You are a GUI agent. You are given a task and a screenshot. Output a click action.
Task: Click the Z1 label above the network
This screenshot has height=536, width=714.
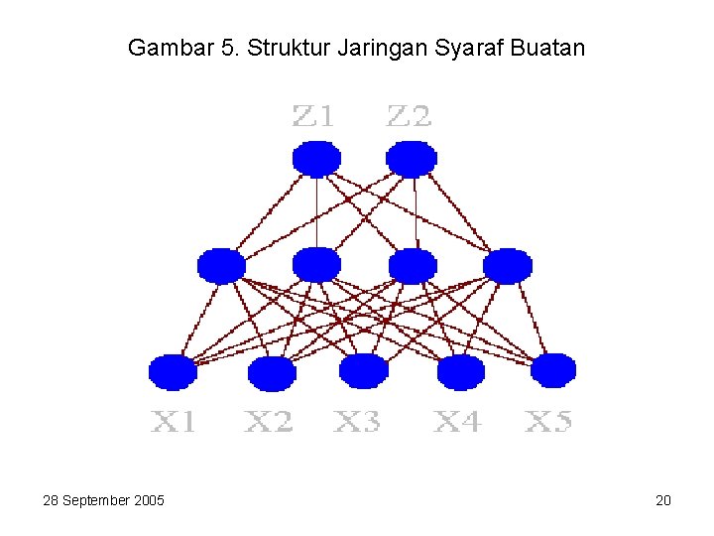[x=313, y=117]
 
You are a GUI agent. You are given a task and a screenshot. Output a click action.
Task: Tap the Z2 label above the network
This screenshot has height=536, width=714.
[x=409, y=117]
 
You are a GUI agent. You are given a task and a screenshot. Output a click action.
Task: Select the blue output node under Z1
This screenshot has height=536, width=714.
[x=316, y=159]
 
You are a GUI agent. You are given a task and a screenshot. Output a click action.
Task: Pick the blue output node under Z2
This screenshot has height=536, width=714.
[x=412, y=159]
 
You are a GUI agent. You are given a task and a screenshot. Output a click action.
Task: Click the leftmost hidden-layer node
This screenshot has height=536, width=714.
[x=221, y=266]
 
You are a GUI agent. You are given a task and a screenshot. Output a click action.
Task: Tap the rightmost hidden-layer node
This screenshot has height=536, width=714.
[x=508, y=266]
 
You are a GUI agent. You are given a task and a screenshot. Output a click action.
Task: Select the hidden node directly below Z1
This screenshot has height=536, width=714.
[x=316, y=266]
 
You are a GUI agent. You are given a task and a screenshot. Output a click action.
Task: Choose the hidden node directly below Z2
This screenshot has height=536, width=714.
[x=413, y=266]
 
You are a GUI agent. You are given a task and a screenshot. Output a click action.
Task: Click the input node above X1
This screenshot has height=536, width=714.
[x=173, y=372]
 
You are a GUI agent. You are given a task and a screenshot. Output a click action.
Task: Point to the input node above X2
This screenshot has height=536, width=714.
[x=272, y=374]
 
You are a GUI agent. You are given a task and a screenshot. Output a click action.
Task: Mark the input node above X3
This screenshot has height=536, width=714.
[x=363, y=371]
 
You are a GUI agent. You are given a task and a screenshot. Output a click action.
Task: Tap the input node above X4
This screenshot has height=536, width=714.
[x=460, y=372]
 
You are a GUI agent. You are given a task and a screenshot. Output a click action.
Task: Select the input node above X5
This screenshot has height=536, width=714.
[x=552, y=370]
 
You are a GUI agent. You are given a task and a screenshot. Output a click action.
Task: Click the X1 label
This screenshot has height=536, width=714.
[x=174, y=423]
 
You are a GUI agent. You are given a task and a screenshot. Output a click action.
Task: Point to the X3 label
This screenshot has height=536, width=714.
[x=357, y=423]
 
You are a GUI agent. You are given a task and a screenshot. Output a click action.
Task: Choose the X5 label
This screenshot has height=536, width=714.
[x=548, y=423]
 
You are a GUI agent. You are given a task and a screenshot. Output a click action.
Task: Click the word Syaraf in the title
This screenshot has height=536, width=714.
[x=464, y=48]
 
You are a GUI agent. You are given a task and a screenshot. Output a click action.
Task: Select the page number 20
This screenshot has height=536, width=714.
[x=663, y=500]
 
